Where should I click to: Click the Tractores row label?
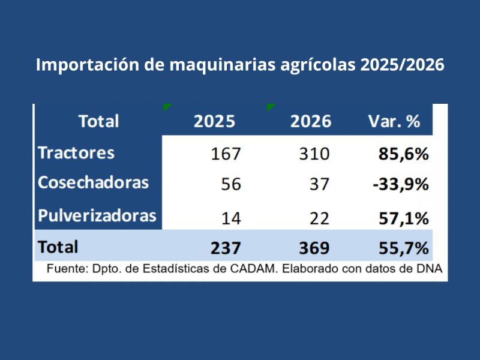click(76, 153)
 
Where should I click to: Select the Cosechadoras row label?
click(93, 183)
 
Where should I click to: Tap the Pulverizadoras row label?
click(97, 216)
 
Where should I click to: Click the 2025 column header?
click(214, 121)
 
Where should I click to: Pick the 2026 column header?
click(310, 121)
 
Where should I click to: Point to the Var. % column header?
click(394, 121)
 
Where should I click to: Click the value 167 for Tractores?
click(226, 154)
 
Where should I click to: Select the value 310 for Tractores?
click(314, 154)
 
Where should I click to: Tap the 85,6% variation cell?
click(403, 154)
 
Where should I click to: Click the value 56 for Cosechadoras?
click(230, 184)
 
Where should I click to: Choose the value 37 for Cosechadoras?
click(319, 184)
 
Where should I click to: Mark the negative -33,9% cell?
click(400, 184)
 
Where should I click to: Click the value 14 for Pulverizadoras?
click(230, 218)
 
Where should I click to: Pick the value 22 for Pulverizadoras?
click(319, 218)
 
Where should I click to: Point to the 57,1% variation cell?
click(403, 218)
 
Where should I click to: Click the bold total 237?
click(226, 247)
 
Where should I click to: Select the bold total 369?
click(314, 247)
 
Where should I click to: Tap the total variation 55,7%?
click(403, 247)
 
